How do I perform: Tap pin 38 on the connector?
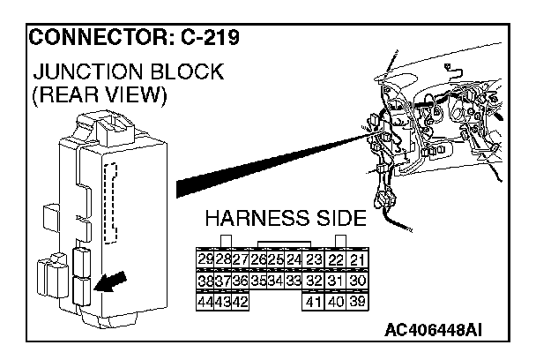click(x=205, y=280)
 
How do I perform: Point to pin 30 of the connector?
click(x=357, y=280)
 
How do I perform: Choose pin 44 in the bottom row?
click(x=205, y=300)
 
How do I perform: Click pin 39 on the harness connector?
click(x=357, y=300)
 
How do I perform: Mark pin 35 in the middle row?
click(x=258, y=280)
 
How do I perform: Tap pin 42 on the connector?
click(x=239, y=300)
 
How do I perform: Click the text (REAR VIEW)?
click(x=98, y=95)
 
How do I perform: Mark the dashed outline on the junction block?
click(x=111, y=204)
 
